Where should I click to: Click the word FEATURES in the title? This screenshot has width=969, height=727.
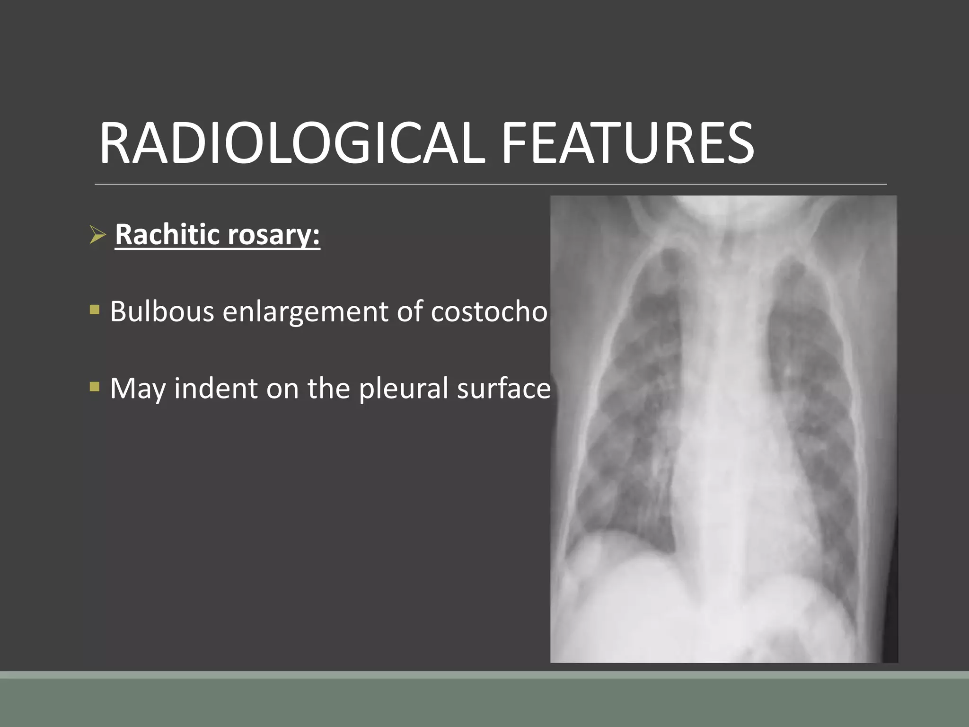click(627, 143)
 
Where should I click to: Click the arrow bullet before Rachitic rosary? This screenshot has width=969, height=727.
click(97, 235)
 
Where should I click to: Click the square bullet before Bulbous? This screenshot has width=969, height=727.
click(95, 310)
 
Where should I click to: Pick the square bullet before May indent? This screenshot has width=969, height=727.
click(95, 387)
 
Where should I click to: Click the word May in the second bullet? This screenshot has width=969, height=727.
click(138, 390)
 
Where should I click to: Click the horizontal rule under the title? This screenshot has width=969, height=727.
click(491, 184)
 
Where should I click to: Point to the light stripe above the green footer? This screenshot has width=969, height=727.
click(484, 675)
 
